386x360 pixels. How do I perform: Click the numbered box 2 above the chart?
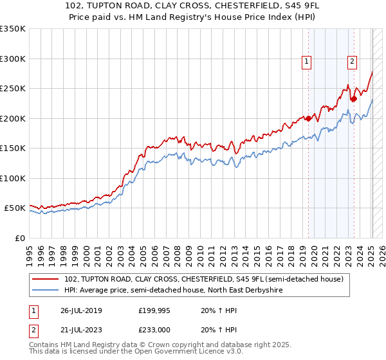tap(353, 62)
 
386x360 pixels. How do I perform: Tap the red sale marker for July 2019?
tap(308, 118)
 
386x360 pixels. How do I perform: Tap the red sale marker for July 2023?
tap(354, 99)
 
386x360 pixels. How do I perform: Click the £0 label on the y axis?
tap(19, 238)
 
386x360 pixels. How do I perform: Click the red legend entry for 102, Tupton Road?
tap(205, 279)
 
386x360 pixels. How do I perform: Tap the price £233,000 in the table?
tap(154, 330)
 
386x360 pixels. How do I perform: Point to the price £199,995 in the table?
tap(154, 312)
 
